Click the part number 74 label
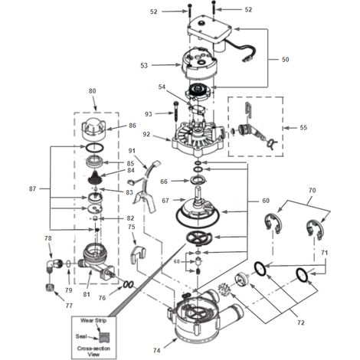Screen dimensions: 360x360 click(156, 350)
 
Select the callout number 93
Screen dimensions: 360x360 click(149, 114)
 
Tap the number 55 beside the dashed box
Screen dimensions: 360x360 click(303, 127)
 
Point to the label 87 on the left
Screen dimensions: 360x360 click(32, 189)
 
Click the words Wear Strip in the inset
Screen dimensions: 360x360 click(93, 320)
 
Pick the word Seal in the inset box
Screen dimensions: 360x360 click(81, 336)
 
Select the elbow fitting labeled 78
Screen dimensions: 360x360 click(54, 267)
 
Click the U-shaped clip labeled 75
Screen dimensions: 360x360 click(138, 254)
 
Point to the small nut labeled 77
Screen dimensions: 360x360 click(49, 288)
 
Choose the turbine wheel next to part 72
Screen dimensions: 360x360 click(224, 289)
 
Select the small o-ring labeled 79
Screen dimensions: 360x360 click(68, 264)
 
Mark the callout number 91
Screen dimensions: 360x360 click(132, 151)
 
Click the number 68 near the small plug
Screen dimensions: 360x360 click(177, 262)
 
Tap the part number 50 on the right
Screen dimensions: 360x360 click(285, 60)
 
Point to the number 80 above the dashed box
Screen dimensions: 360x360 click(92, 91)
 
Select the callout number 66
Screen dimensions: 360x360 click(164, 182)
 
